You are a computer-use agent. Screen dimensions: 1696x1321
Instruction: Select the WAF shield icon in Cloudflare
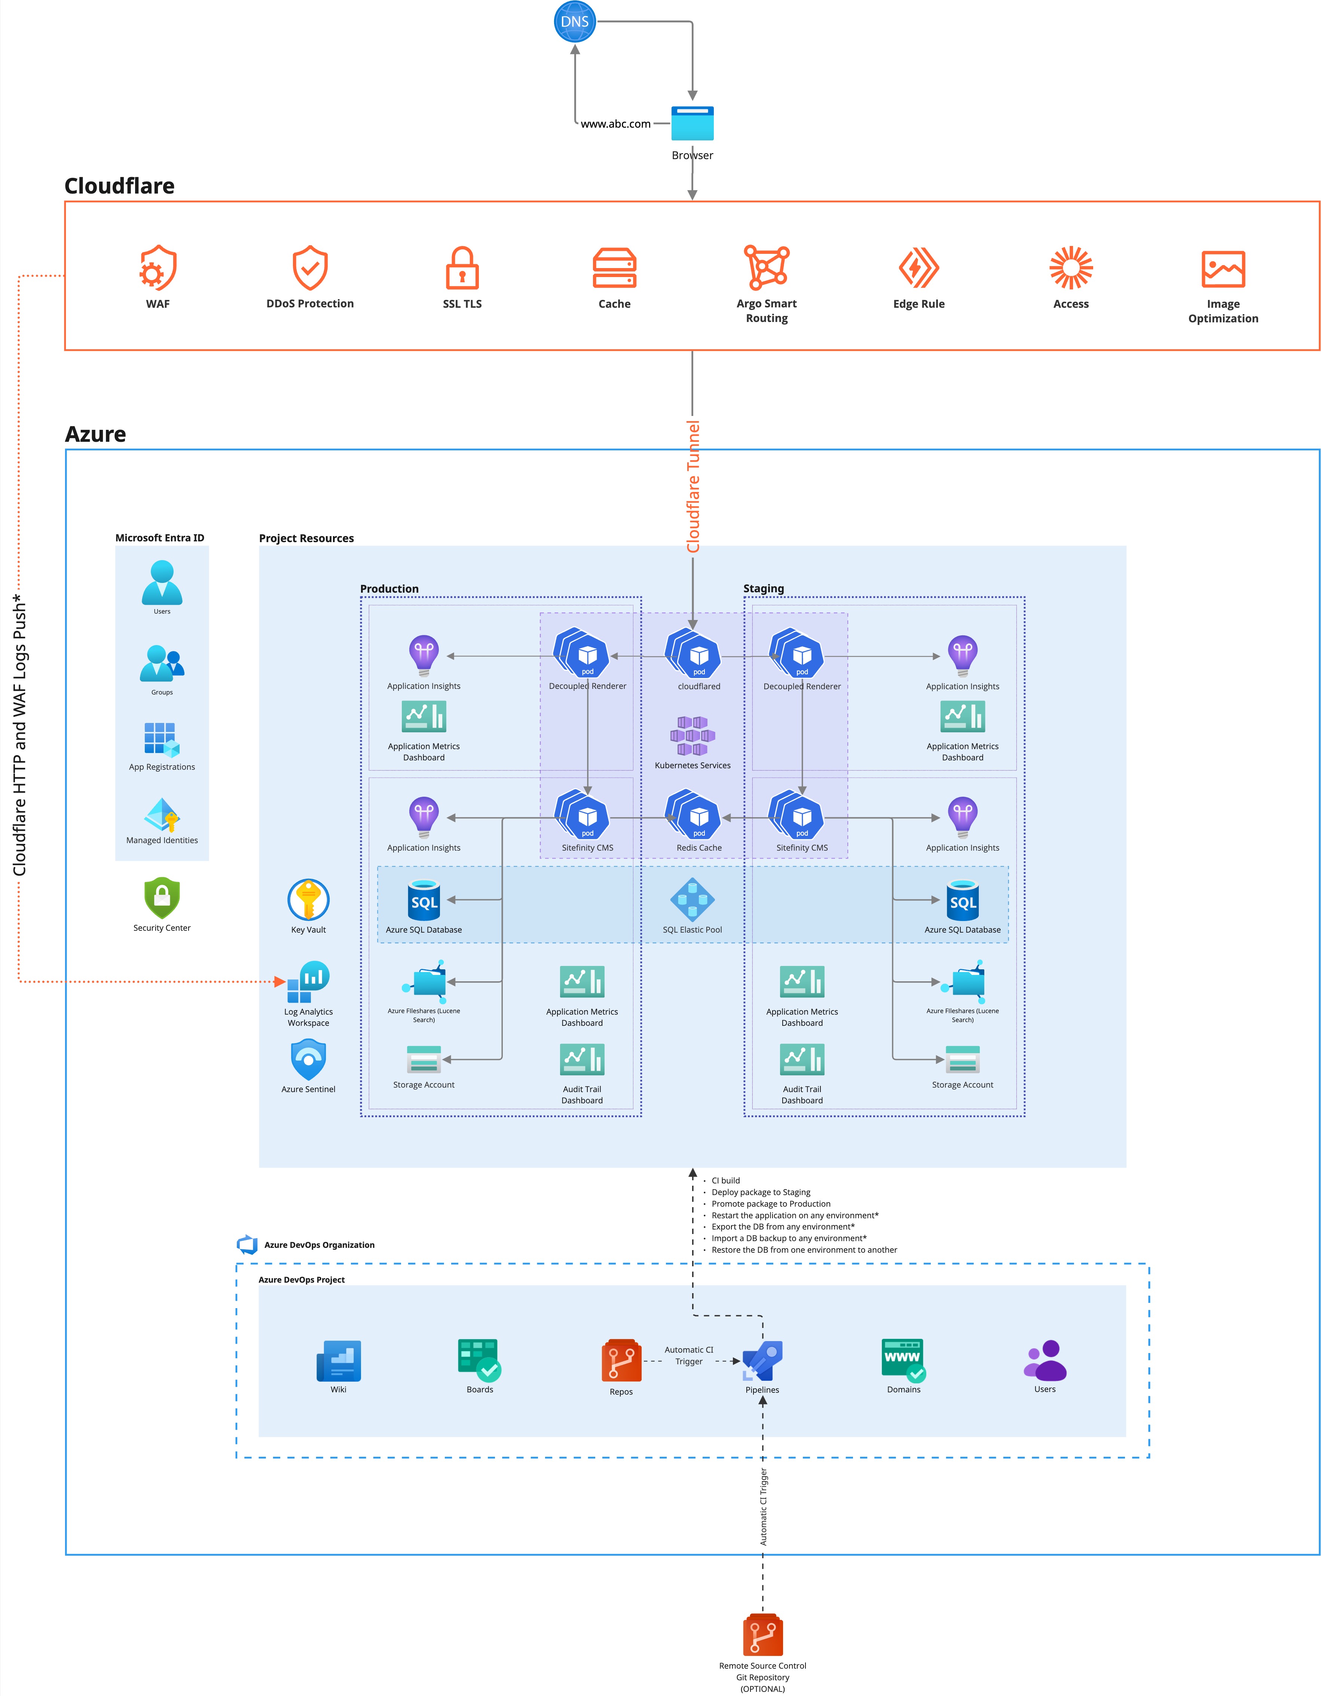click(x=158, y=268)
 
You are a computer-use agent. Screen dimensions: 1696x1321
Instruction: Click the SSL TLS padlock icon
click(x=462, y=268)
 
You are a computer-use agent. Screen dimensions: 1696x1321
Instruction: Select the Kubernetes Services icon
click(x=692, y=736)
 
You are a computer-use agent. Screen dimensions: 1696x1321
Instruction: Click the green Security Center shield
click(x=162, y=899)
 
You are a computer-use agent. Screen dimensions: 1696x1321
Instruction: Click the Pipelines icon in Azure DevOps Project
click(x=762, y=1361)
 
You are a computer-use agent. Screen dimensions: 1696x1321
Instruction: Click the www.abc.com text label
click(x=615, y=124)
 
